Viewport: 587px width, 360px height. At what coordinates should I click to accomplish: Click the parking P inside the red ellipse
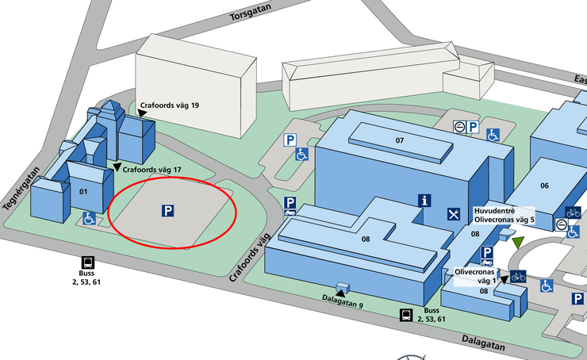pyautogui.click(x=168, y=211)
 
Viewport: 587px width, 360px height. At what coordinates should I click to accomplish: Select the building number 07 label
pyautogui.click(x=400, y=140)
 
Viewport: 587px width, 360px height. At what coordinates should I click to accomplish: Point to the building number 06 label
pyautogui.click(x=544, y=186)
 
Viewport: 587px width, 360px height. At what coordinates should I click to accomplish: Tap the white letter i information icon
pyautogui.click(x=426, y=201)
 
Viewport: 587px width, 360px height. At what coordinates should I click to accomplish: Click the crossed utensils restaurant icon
pyautogui.click(x=454, y=214)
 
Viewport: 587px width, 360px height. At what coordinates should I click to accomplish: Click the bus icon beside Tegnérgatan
pyautogui.click(x=87, y=262)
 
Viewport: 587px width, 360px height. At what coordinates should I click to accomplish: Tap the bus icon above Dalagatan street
pyautogui.click(x=405, y=315)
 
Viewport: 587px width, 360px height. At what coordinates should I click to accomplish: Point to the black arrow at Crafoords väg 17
pyautogui.click(x=117, y=167)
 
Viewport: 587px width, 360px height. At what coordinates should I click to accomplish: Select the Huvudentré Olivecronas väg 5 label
pyautogui.click(x=505, y=214)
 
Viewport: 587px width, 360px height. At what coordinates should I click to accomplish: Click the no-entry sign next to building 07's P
pyautogui.click(x=458, y=126)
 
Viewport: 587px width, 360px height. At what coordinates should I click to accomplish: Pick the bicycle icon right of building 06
pyautogui.click(x=573, y=212)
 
